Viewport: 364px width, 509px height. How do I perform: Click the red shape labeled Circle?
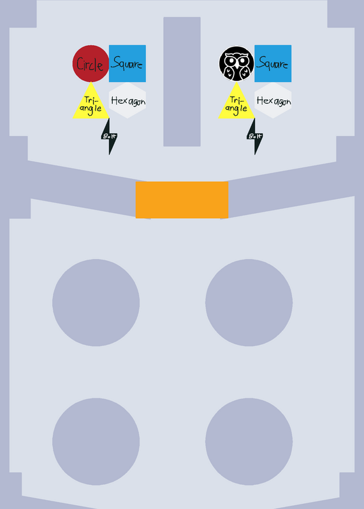[x=91, y=64]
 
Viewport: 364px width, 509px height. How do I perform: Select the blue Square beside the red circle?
[x=127, y=64]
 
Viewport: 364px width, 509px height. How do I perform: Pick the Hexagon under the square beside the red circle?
[x=127, y=101]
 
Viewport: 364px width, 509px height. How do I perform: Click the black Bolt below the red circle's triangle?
[x=109, y=137]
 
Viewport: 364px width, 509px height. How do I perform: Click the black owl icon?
[x=236, y=64]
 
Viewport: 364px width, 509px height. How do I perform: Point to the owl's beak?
[x=237, y=65]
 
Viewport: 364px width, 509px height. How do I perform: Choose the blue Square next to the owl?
[x=273, y=64]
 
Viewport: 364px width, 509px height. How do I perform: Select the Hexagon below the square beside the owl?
[x=273, y=101]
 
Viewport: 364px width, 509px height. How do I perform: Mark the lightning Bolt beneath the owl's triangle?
[x=255, y=137]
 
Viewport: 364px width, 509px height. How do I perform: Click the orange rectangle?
[x=182, y=200]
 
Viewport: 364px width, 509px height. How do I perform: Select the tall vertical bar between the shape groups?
[x=182, y=82]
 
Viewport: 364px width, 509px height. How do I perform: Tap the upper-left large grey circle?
[x=96, y=303]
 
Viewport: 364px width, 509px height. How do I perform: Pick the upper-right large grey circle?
[x=249, y=303]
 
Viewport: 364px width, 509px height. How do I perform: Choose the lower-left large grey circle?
[x=96, y=442]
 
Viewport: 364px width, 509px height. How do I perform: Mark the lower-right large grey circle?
[x=249, y=442]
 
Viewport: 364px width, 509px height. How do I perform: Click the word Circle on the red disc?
[x=90, y=65]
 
